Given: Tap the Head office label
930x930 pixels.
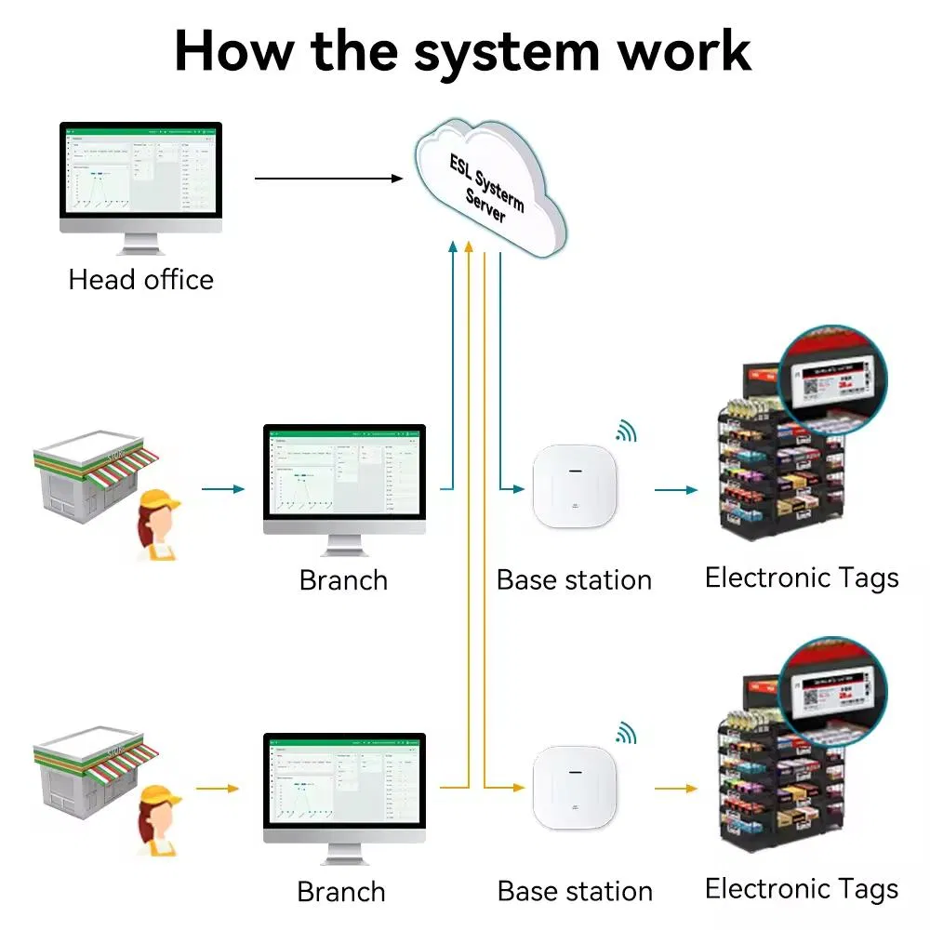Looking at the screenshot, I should click(140, 280).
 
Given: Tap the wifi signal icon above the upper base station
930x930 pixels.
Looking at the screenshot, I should click(627, 431).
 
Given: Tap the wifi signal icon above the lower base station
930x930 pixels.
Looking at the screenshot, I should click(627, 732).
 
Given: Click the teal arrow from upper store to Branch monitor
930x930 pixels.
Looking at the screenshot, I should click(223, 488).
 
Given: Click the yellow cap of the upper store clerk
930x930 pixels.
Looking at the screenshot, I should click(159, 501).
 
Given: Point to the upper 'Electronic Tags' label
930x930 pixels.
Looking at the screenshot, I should click(802, 578).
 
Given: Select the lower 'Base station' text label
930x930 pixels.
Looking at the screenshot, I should click(575, 891).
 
